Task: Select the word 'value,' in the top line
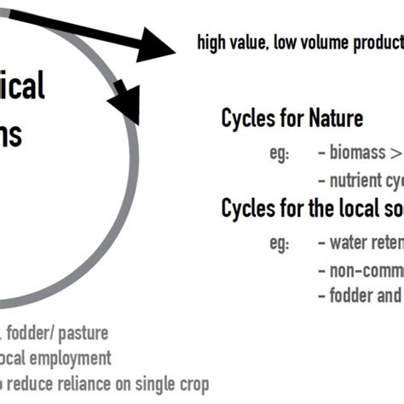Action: (251, 43)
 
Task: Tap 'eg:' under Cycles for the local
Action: (280, 244)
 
